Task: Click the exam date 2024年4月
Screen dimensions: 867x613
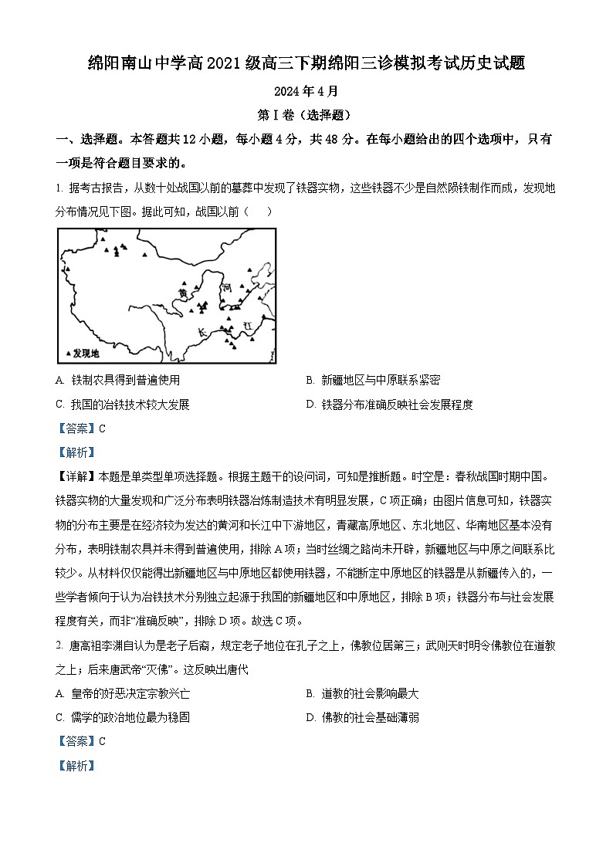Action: pos(306,90)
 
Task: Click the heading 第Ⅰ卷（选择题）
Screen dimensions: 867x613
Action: pos(306,115)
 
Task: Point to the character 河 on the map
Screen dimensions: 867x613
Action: pos(226,286)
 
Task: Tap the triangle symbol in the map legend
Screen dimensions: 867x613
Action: pos(68,354)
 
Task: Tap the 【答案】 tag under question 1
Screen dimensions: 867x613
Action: pos(74,428)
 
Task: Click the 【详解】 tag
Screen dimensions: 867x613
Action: pos(74,476)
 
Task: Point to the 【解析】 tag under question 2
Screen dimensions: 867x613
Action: pos(74,766)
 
